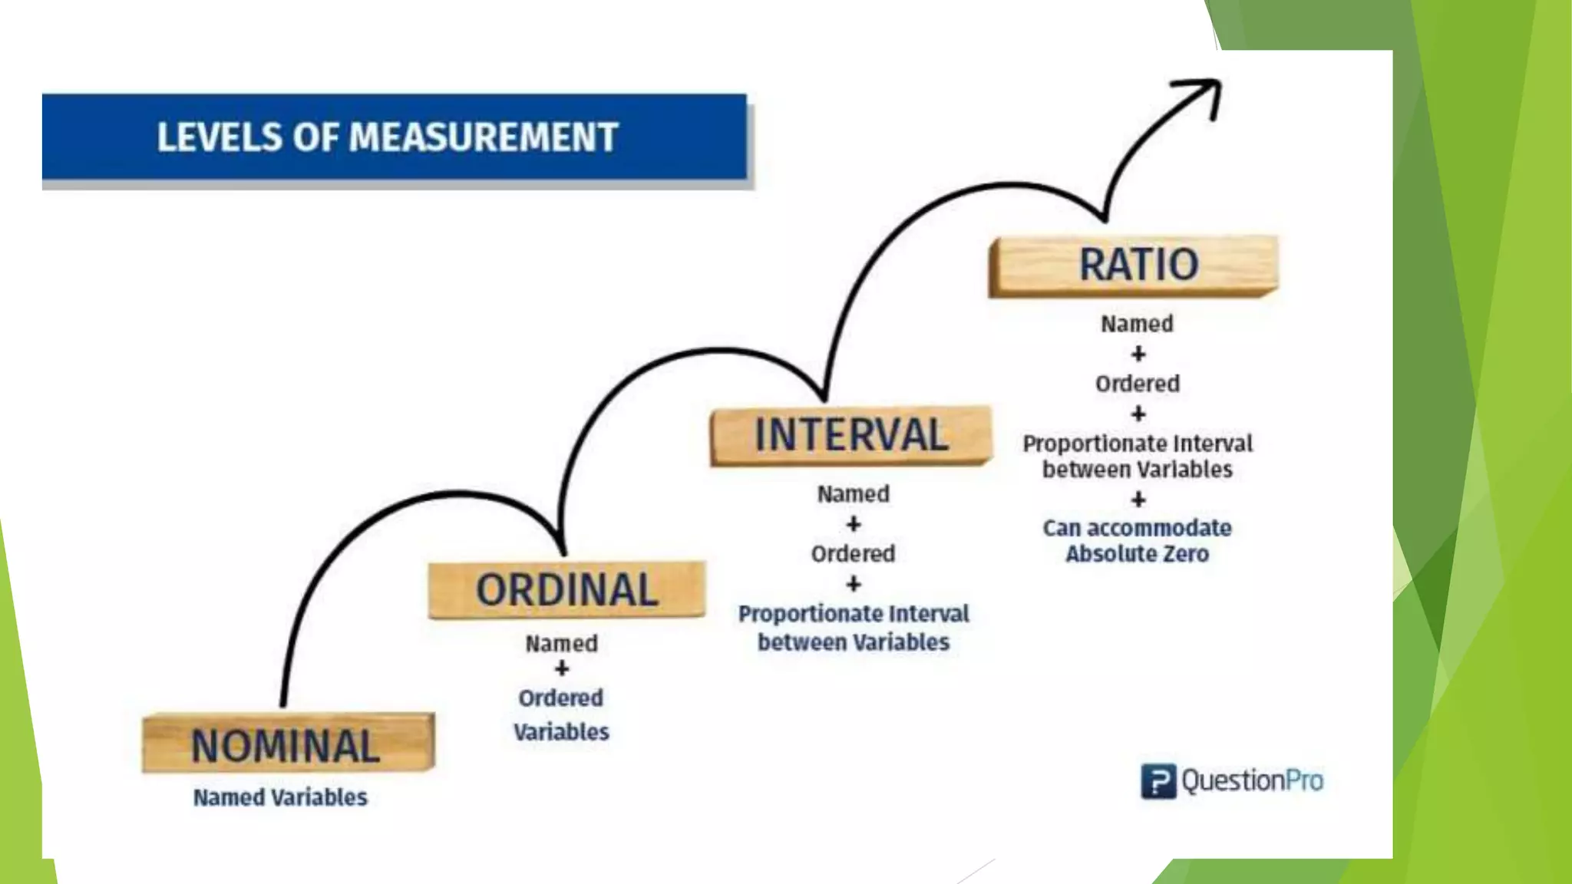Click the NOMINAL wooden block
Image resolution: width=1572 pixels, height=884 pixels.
pos(288,744)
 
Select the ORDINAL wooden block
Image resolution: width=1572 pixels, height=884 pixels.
pos(566,589)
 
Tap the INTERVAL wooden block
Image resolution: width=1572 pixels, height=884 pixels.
pos(850,435)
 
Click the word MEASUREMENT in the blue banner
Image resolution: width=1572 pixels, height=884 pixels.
pos(484,138)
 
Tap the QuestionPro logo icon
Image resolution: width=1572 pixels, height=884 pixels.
pos(1158,781)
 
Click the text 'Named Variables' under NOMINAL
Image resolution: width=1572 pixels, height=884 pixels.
pos(280,797)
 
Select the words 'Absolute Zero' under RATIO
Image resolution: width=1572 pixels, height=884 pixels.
pos(1137,554)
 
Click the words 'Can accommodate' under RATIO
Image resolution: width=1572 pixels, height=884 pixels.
pos(1137,528)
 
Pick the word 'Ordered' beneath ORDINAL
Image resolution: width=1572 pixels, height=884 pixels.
pos(561,698)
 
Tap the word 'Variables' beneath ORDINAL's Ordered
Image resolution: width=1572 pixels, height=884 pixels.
pos(561,732)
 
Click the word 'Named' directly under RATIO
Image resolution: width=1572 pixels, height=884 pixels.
pos(1137,324)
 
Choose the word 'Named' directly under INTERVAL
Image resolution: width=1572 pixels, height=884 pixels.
pos(853,494)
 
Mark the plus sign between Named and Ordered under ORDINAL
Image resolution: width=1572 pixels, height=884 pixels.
pos(562,669)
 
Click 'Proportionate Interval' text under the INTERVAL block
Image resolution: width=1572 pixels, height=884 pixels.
pos(853,614)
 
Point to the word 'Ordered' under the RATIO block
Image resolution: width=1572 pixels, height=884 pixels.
pos(1137,384)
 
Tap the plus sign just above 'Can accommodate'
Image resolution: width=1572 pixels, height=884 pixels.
pos(1138,500)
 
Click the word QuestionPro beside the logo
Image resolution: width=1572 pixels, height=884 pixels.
pos(1252,781)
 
